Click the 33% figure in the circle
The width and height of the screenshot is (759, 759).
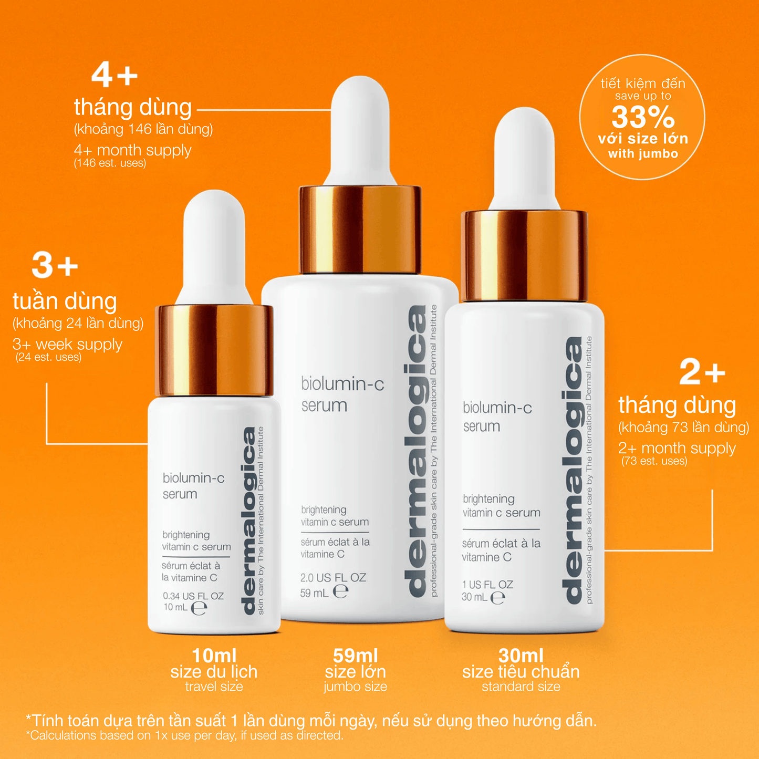[642, 117]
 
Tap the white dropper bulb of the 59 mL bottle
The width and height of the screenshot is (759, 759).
[360, 129]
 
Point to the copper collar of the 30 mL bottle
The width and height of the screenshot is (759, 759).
[524, 256]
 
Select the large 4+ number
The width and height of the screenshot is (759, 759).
[115, 75]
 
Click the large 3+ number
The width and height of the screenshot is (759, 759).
[55, 265]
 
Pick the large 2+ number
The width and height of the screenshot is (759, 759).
[702, 372]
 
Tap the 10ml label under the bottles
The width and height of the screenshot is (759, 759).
[214, 655]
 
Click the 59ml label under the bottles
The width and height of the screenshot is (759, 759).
[355, 655]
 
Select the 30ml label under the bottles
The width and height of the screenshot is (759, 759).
[521, 655]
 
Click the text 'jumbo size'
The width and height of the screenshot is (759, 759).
[355, 687]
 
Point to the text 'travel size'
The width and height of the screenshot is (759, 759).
[214, 687]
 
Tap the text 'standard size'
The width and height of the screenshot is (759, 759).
[521, 687]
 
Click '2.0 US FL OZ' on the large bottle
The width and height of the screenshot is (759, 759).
[333, 577]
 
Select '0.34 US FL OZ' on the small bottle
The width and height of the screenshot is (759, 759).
[193, 596]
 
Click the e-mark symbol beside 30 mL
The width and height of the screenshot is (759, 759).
[497, 597]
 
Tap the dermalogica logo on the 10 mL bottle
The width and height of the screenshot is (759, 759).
[249, 520]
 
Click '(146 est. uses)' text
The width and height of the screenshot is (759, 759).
[110, 163]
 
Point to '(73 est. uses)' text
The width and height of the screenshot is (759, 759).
[654, 461]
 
